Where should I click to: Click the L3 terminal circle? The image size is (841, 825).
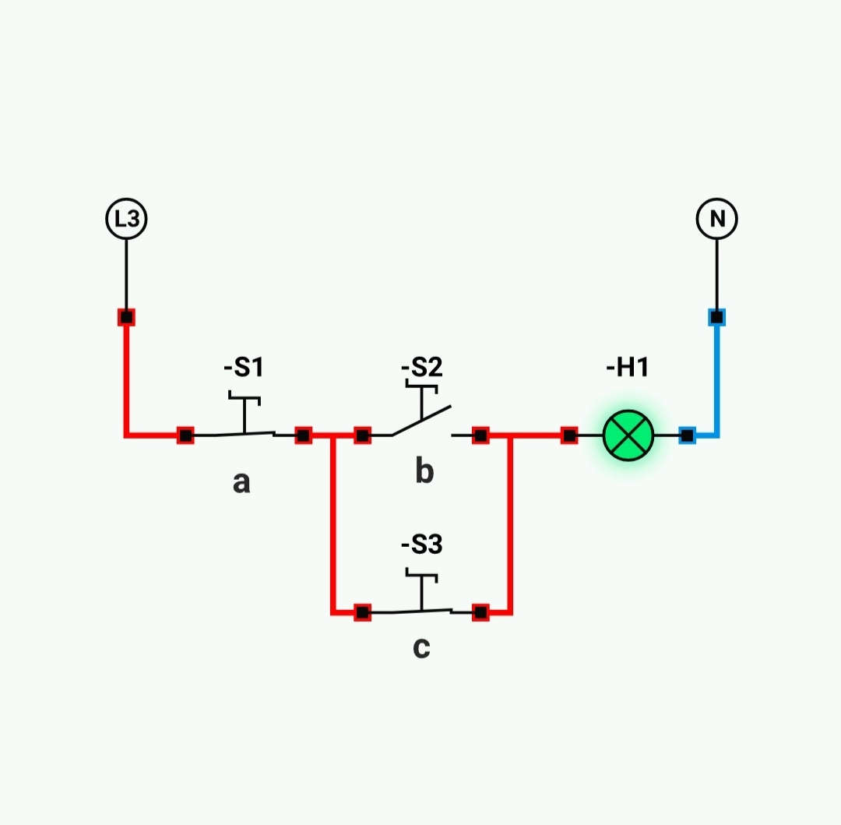coord(126,219)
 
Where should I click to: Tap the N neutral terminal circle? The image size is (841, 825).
coord(716,219)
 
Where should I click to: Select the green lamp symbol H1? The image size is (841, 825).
coord(628,435)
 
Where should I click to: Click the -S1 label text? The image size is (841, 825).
coord(244,366)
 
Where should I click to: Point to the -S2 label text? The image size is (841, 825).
coord(421,366)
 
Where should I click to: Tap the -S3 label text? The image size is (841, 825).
coord(421,545)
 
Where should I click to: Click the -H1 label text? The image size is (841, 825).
coord(628,366)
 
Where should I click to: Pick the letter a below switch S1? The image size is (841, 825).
coord(241,482)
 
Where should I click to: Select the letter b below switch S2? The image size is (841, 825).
coord(424,471)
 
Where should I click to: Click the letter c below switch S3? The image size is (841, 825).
coord(421,647)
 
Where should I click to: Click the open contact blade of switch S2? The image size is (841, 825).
coord(421,421)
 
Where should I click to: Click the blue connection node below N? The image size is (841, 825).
coord(716,317)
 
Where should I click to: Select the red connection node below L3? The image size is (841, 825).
coord(126,317)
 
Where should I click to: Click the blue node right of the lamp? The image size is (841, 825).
coord(687,435)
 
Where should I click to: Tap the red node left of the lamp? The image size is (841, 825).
coord(569,435)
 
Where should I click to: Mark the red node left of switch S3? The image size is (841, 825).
coord(362,612)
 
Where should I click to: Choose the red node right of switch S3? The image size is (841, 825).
coord(480,612)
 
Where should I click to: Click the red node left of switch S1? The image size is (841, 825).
coord(185,435)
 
